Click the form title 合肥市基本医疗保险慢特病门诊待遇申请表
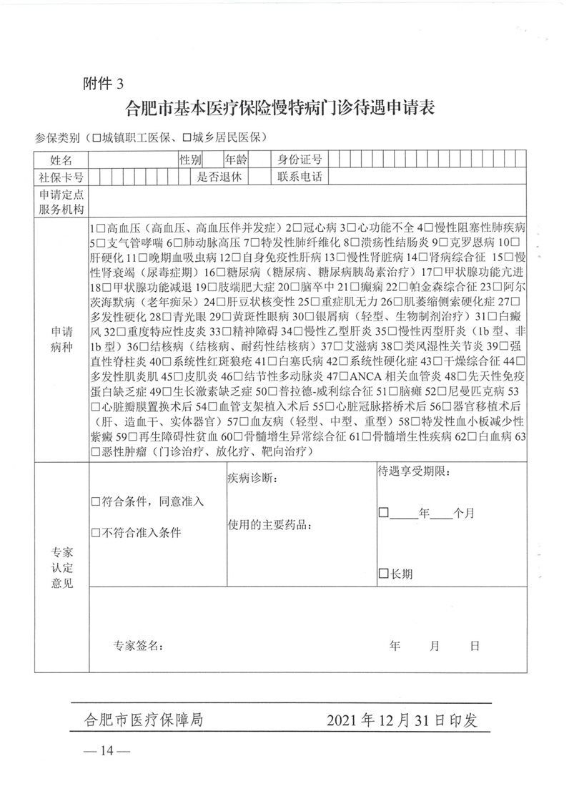[281, 109]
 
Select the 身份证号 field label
[300, 159]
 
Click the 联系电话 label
[300, 176]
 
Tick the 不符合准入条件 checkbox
[96, 533]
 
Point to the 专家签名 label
[139, 645]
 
